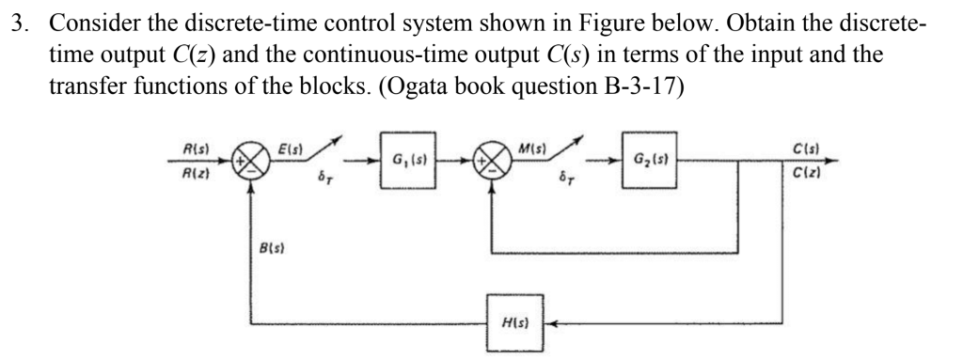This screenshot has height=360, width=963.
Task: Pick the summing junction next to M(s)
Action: [x=490, y=161]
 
